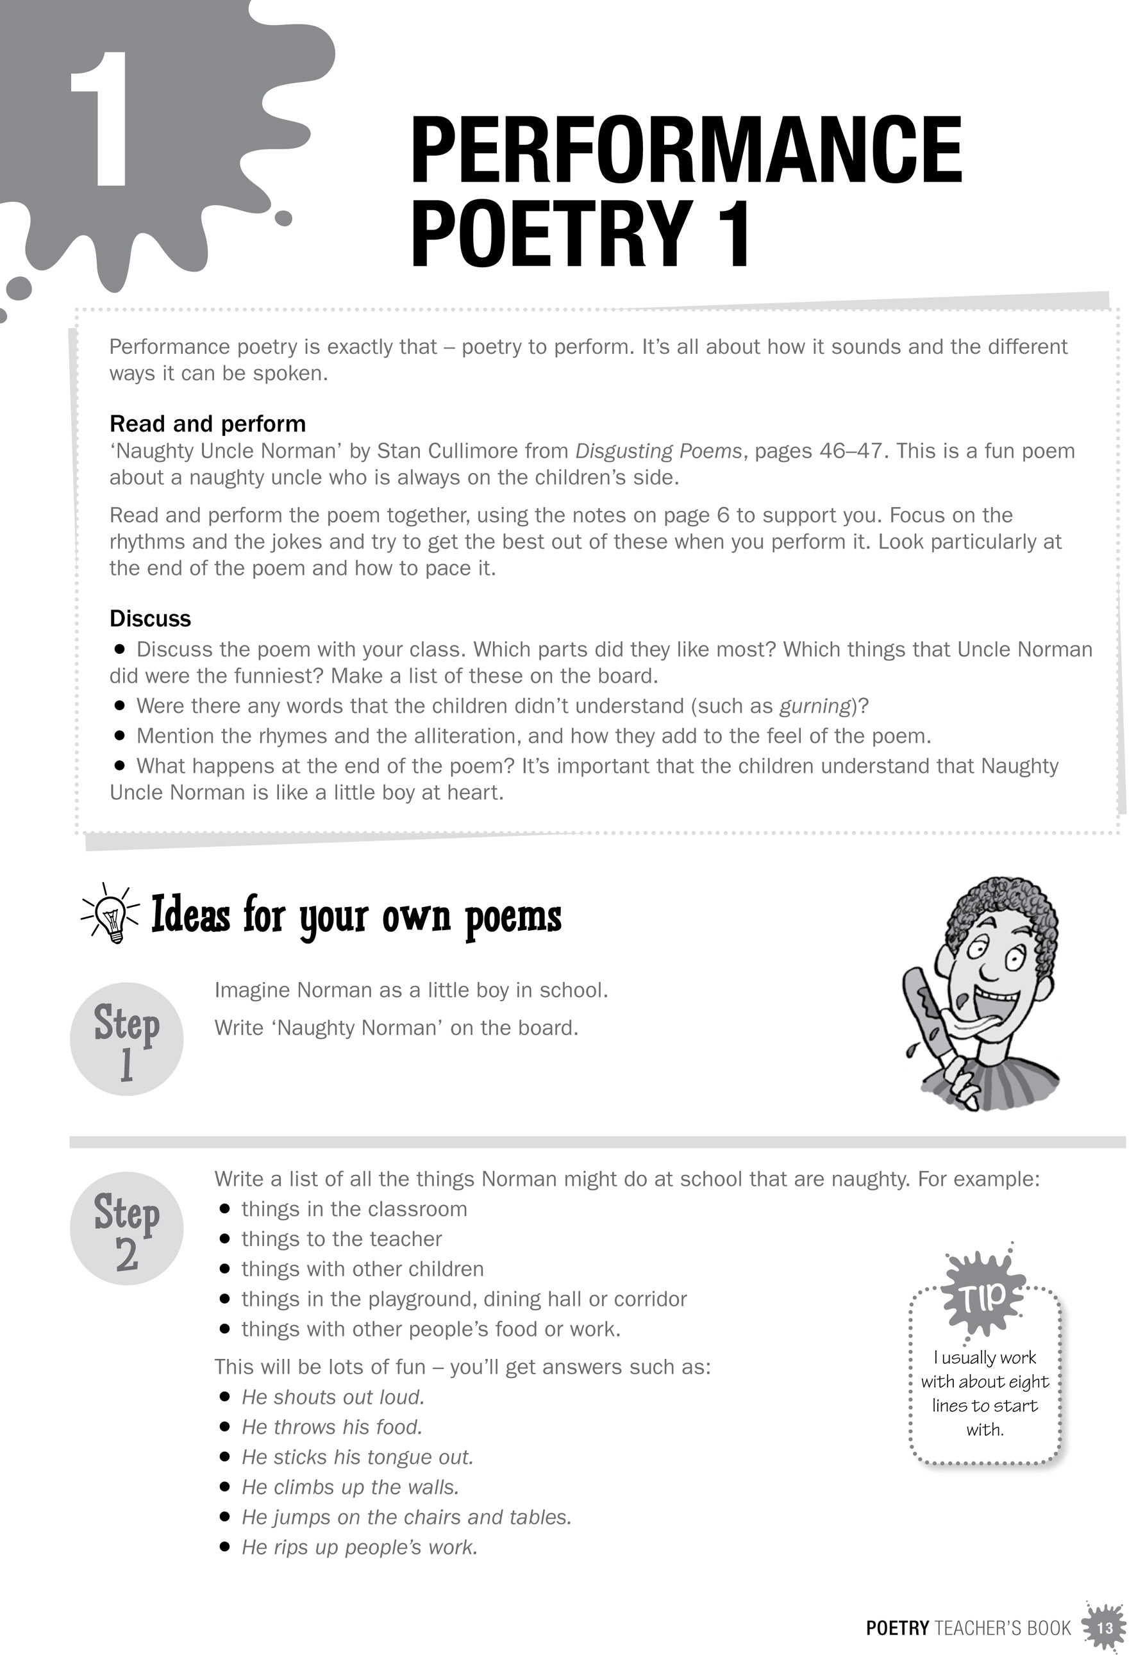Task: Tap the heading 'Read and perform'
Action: (x=207, y=424)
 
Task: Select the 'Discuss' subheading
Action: (x=150, y=618)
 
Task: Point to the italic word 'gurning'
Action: (x=815, y=706)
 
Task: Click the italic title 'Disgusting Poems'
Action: (x=659, y=451)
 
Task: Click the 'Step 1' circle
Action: (x=127, y=1040)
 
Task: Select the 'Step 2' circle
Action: (x=127, y=1230)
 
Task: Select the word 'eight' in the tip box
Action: (x=1029, y=1382)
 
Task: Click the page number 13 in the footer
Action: (x=1105, y=1629)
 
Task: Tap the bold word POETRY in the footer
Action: (x=898, y=1629)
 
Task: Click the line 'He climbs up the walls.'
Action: (x=351, y=1487)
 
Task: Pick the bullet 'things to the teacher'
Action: (x=341, y=1239)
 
